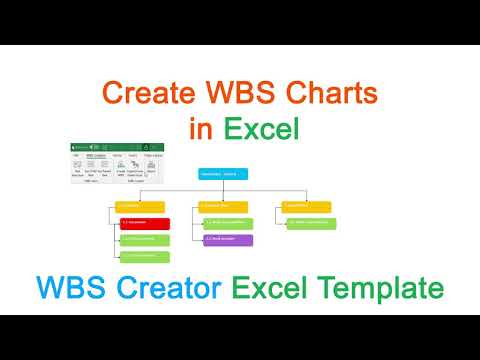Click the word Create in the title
[146, 95]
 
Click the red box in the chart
[143, 222]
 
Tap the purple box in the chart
[228, 240]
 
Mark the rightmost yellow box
[306, 206]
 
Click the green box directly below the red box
[143, 240]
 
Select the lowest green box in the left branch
[143, 257]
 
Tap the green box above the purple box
[228, 223]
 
